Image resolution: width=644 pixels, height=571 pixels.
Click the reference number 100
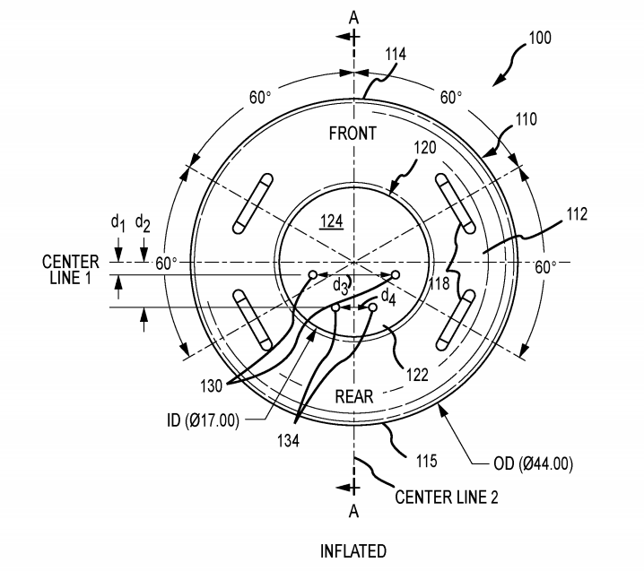click(x=540, y=39)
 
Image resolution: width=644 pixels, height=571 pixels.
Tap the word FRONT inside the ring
click(x=352, y=134)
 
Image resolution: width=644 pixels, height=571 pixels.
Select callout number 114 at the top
click(x=395, y=55)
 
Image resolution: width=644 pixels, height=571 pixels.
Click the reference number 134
click(x=289, y=440)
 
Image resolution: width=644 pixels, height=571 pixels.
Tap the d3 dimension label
click(x=341, y=287)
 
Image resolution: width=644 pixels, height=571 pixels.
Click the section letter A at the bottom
click(x=353, y=511)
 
